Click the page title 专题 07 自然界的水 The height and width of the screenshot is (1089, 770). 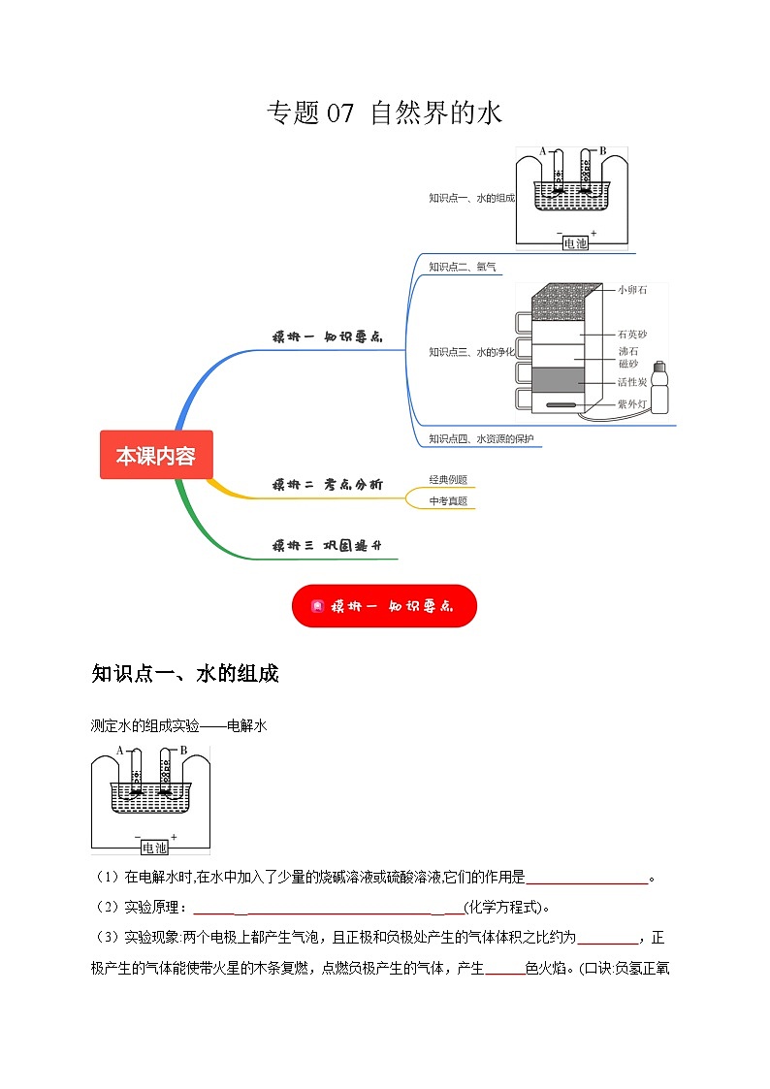384,113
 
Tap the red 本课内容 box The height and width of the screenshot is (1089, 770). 155,455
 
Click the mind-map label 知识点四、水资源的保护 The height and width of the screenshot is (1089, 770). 481,438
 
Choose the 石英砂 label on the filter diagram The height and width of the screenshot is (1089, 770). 631,335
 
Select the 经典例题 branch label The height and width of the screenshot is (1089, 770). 448,479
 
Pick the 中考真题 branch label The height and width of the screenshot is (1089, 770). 448,501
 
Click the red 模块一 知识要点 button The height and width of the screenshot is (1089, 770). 384,606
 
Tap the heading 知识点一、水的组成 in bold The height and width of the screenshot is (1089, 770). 184,674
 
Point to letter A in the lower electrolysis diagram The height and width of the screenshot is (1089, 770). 119,751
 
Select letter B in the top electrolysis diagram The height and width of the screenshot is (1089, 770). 602,150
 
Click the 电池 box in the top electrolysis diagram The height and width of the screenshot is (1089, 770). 575,243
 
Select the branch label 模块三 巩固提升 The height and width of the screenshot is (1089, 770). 327,546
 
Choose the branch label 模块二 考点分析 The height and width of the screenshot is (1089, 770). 327,484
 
